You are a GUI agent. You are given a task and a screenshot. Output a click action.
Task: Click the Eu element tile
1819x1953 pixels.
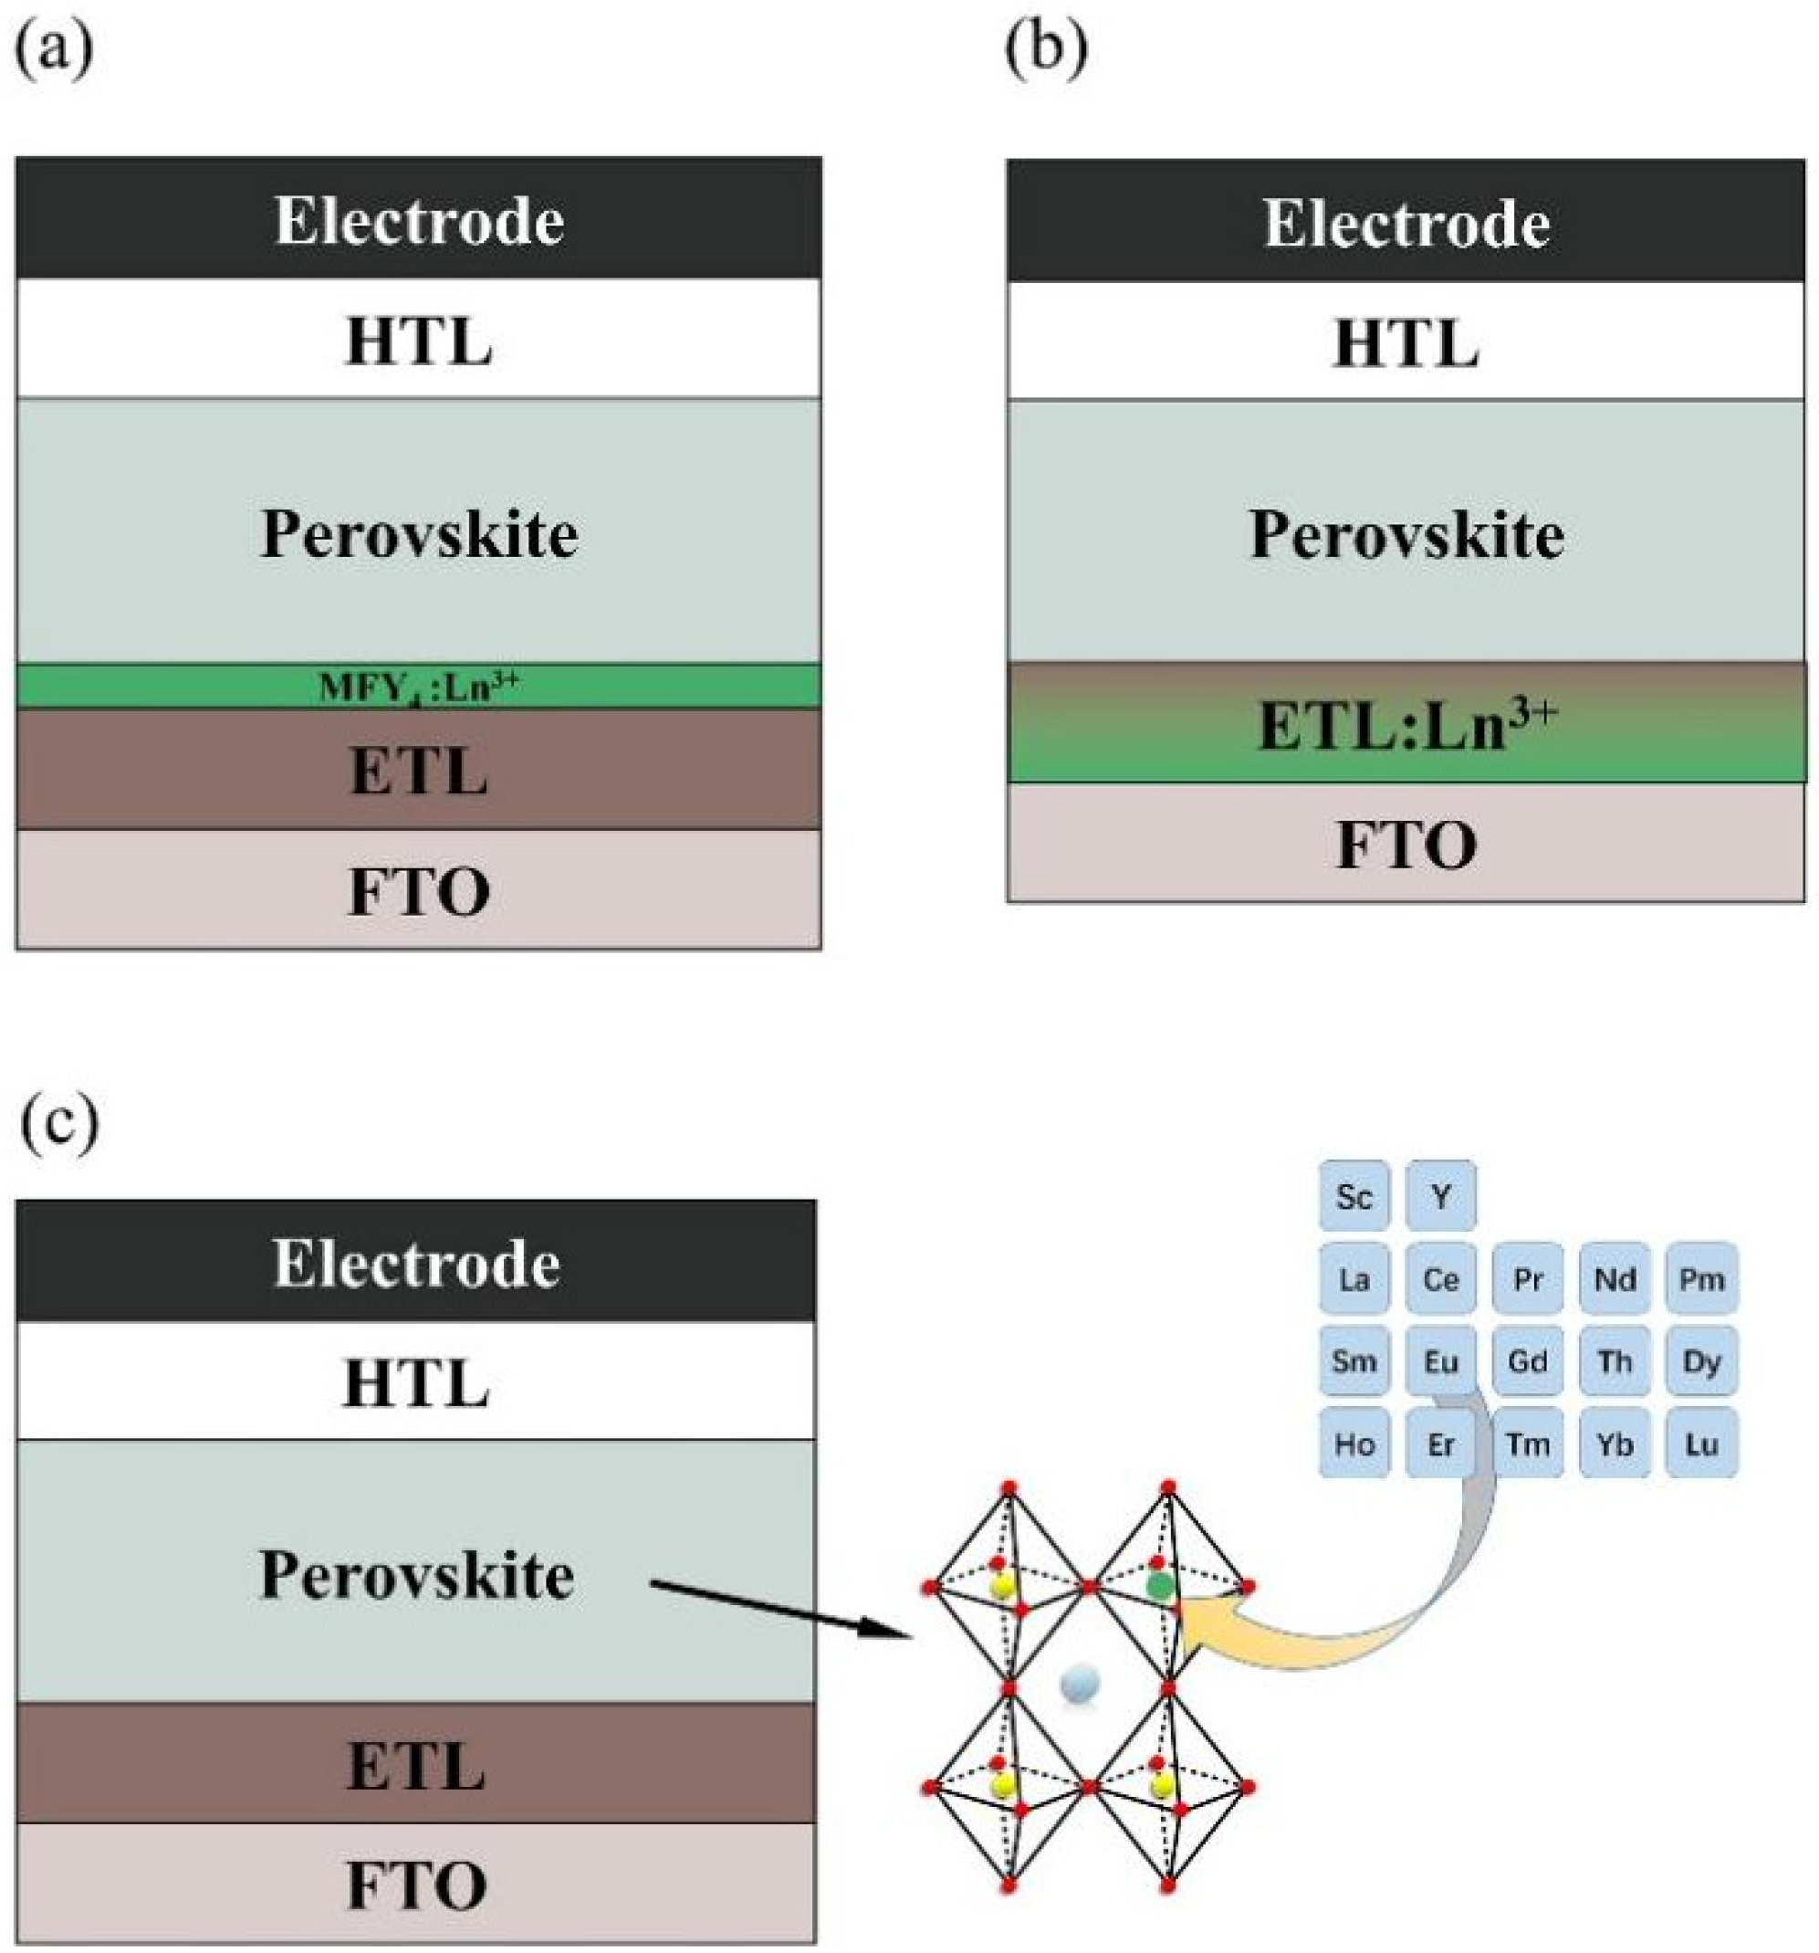point(1439,1360)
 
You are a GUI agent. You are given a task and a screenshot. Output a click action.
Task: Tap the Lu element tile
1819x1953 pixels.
point(1700,1444)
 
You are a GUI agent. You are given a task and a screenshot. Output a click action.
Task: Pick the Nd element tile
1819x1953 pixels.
point(1614,1278)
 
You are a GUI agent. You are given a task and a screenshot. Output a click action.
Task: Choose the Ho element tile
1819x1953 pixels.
point(1353,1444)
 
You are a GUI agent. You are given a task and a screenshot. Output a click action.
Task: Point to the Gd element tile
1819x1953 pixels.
point(1526,1360)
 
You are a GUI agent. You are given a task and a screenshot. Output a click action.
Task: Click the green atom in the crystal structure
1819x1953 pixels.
point(1159,1585)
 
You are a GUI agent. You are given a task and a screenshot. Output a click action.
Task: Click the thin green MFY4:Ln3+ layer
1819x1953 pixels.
point(418,687)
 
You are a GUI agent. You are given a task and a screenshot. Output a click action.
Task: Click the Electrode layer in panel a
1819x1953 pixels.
point(418,219)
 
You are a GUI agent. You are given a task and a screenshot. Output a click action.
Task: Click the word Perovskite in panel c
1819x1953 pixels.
point(416,1575)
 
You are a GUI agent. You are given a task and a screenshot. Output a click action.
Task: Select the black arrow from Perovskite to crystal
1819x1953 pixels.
point(776,1608)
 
